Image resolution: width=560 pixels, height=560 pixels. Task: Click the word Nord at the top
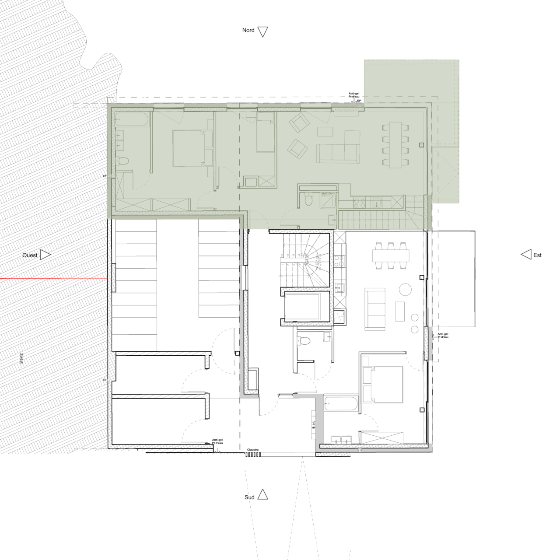pos(248,30)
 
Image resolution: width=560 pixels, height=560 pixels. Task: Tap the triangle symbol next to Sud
pos(262,494)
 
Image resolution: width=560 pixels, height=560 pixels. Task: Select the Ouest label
pos(30,255)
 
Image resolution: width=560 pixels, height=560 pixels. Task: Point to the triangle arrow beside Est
pos(526,255)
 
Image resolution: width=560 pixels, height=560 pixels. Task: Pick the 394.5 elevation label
pos(21,358)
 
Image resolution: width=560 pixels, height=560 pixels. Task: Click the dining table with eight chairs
pos(396,145)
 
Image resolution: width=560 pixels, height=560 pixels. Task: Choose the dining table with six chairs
pos(391,255)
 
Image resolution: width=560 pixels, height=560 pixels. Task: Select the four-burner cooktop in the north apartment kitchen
pos(359,203)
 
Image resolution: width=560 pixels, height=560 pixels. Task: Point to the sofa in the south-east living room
pos(375,309)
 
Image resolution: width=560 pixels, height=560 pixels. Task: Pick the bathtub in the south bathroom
pos(341,405)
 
